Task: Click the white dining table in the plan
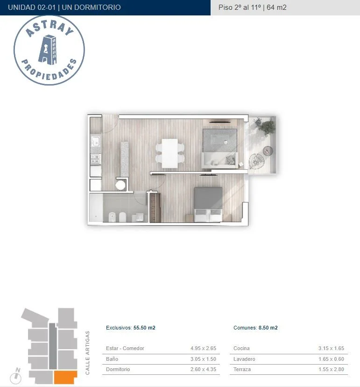point(169,153)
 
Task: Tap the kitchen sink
point(95,141)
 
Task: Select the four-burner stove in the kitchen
point(95,159)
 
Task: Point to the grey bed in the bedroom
point(208,204)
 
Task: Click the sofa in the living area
point(220,160)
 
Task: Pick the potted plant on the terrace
point(265,126)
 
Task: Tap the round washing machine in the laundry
point(120,185)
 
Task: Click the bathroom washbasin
point(140,217)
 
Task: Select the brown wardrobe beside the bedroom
point(155,208)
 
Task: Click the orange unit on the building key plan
point(65,377)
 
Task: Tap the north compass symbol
point(16,375)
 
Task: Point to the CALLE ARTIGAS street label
point(87,353)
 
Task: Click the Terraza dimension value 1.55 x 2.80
point(331,369)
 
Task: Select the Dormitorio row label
point(118,369)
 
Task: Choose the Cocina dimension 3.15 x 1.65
point(331,348)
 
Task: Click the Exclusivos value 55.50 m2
point(144,328)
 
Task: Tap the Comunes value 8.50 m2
point(268,328)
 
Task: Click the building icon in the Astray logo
point(48,50)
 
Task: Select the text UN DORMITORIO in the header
point(91,7)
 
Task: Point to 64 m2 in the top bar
point(276,7)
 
